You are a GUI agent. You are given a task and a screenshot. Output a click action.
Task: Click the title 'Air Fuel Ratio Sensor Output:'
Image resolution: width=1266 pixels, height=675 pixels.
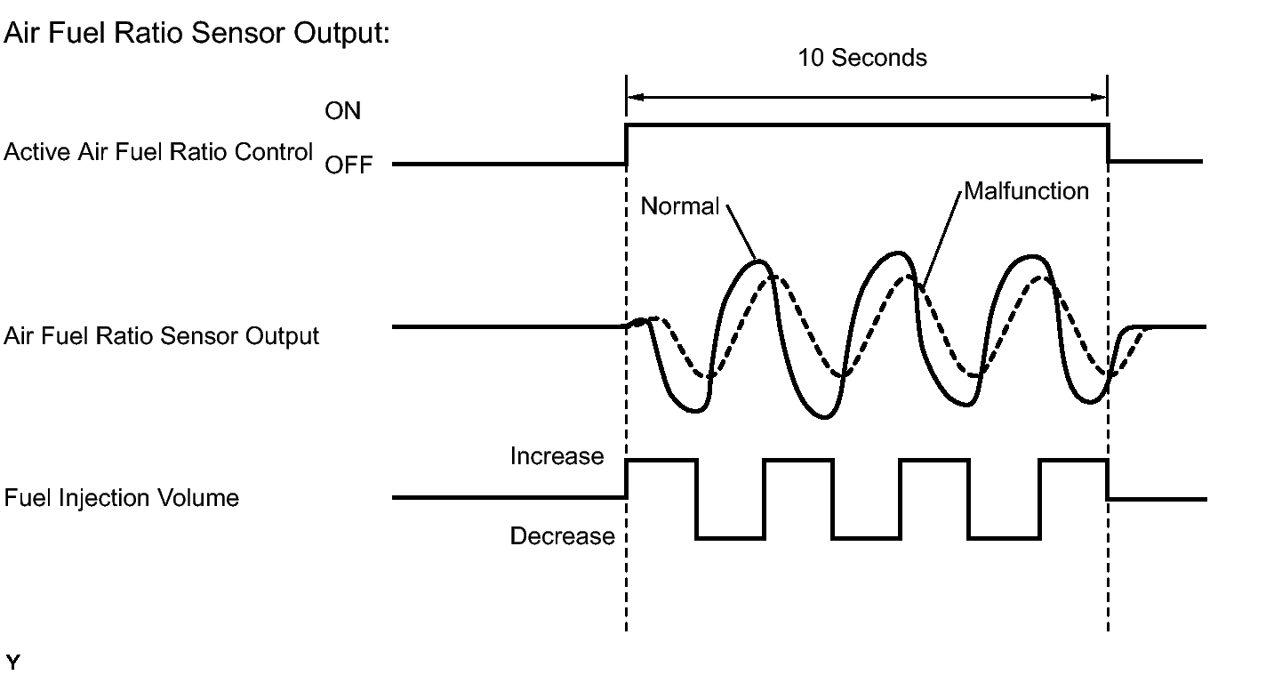coord(196,32)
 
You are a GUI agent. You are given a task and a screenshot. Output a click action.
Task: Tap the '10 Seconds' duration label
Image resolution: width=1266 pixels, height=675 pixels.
coord(861,58)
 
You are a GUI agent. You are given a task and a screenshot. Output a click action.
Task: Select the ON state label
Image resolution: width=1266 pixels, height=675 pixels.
coord(342,111)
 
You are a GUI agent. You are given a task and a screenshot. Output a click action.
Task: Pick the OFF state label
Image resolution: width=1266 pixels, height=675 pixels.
coord(349,165)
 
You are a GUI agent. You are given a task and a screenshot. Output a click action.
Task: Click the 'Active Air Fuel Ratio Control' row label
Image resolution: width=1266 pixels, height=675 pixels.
coord(158,151)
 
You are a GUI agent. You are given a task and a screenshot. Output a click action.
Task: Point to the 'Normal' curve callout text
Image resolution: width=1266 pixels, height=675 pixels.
coord(679,206)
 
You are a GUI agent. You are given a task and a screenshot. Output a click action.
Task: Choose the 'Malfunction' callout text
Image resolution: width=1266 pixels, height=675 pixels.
coord(1026,191)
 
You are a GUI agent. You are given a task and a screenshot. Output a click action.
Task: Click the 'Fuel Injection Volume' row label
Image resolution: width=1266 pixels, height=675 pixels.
coord(122,498)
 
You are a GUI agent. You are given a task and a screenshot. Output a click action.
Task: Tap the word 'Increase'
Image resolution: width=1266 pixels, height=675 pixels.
coord(557,456)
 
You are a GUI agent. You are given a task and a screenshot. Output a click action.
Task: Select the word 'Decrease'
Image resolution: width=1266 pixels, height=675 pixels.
coord(563,536)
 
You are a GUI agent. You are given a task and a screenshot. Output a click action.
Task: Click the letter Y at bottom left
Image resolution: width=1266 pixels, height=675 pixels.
coord(12,662)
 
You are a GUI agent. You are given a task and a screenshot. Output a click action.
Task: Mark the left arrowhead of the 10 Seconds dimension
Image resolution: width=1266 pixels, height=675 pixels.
coord(635,97)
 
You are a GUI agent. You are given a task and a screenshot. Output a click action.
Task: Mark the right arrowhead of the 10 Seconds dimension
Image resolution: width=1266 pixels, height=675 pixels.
coord(1098,97)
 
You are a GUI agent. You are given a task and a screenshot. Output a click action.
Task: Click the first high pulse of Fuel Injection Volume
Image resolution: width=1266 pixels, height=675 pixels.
coord(661,462)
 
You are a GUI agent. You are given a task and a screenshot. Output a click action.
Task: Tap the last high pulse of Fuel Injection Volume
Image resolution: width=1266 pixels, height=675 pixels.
coord(1074,462)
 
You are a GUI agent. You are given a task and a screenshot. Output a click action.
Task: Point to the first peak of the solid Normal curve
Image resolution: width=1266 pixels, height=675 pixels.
coord(759,261)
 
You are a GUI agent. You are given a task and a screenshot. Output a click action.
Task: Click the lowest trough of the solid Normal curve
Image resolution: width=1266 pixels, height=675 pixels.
coord(824,417)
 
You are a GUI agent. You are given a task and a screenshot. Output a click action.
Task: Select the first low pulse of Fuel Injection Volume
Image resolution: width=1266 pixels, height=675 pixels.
coord(730,538)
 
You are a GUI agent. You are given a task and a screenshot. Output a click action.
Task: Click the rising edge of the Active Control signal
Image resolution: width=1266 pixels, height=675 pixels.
coord(626,144)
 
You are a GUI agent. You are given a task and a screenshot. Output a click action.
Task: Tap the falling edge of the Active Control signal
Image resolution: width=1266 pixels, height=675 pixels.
coord(1109,143)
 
